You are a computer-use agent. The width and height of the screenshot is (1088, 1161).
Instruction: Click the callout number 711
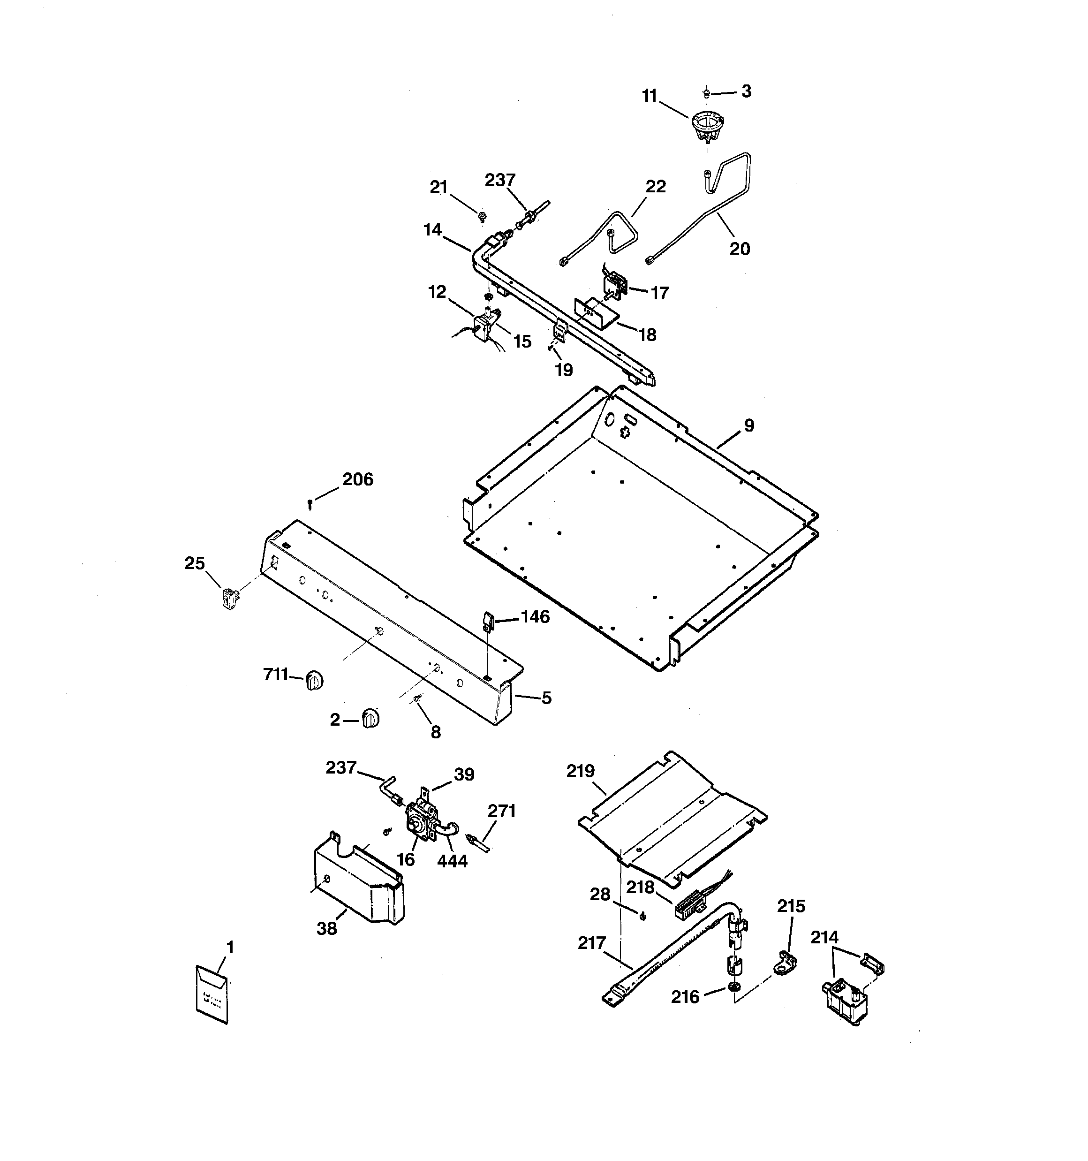coord(276,675)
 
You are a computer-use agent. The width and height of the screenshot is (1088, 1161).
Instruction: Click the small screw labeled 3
coord(707,92)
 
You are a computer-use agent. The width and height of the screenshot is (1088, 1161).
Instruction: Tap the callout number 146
coord(535,617)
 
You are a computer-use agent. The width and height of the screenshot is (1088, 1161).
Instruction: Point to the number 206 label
coord(357,479)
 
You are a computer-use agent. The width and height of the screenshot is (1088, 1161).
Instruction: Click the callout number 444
coord(452,861)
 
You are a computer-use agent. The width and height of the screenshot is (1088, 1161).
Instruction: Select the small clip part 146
coord(487,620)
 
